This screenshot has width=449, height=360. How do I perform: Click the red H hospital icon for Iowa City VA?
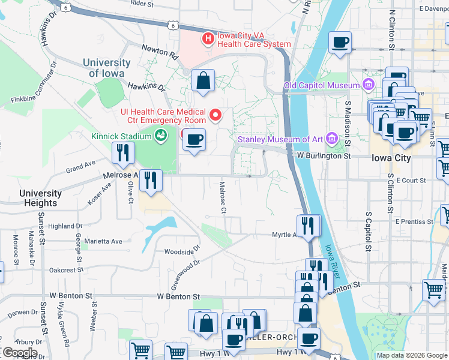coord(208,38)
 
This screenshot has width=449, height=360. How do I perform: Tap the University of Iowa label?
coord(107,68)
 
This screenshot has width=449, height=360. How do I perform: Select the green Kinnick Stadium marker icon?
coord(160,136)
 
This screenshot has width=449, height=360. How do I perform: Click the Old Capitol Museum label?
coord(321,86)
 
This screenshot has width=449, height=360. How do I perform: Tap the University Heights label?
coord(40,198)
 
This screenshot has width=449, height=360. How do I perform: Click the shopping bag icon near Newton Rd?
coord(203,80)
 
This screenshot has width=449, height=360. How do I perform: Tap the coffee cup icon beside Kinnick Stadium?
coord(194,140)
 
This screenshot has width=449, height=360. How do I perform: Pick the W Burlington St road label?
coord(324,156)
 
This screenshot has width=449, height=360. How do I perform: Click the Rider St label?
coord(142,4)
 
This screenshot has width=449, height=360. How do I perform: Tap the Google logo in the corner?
coord(19,353)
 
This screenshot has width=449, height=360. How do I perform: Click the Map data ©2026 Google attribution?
coord(412,355)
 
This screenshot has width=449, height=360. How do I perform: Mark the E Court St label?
coord(410,180)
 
